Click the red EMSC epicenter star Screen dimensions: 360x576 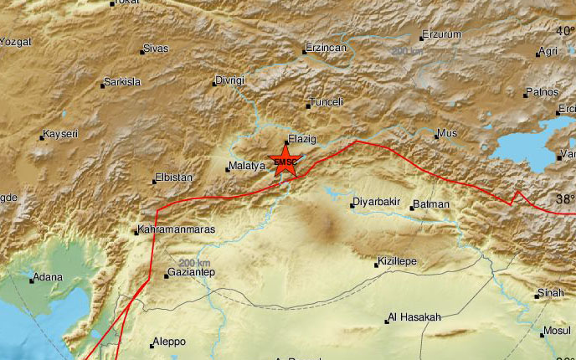pos(285,162)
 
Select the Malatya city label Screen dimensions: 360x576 pos(248,167)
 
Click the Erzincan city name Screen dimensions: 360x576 pos(327,49)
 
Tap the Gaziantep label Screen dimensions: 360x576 pos(192,274)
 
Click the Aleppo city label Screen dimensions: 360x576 pos(168,342)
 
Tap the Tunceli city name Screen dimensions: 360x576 pos(327,101)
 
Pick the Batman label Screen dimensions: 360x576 pos(433,204)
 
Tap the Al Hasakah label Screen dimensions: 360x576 pos(414,317)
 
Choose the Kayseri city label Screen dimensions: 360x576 pos(65,134)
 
